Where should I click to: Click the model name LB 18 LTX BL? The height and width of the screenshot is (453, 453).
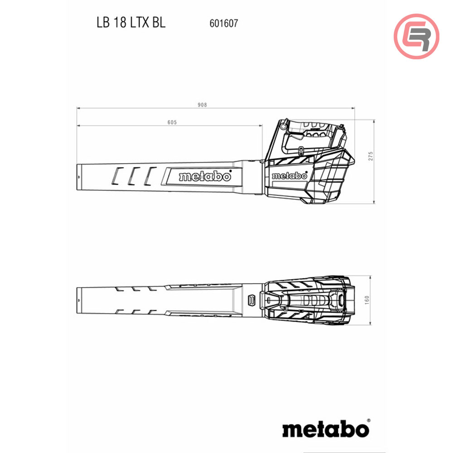pyautogui.click(x=131, y=23)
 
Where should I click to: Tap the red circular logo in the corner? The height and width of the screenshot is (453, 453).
pyautogui.click(x=416, y=36)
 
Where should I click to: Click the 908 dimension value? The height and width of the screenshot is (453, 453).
pyautogui.click(x=202, y=105)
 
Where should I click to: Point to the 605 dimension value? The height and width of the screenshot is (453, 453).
pyautogui.click(x=171, y=122)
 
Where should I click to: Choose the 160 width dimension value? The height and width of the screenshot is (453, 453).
pyautogui.click(x=367, y=300)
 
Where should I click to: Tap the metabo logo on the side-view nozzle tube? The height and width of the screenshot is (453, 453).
pyautogui.click(x=205, y=177)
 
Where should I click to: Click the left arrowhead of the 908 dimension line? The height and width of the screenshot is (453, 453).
pyautogui.click(x=78, y=108)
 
